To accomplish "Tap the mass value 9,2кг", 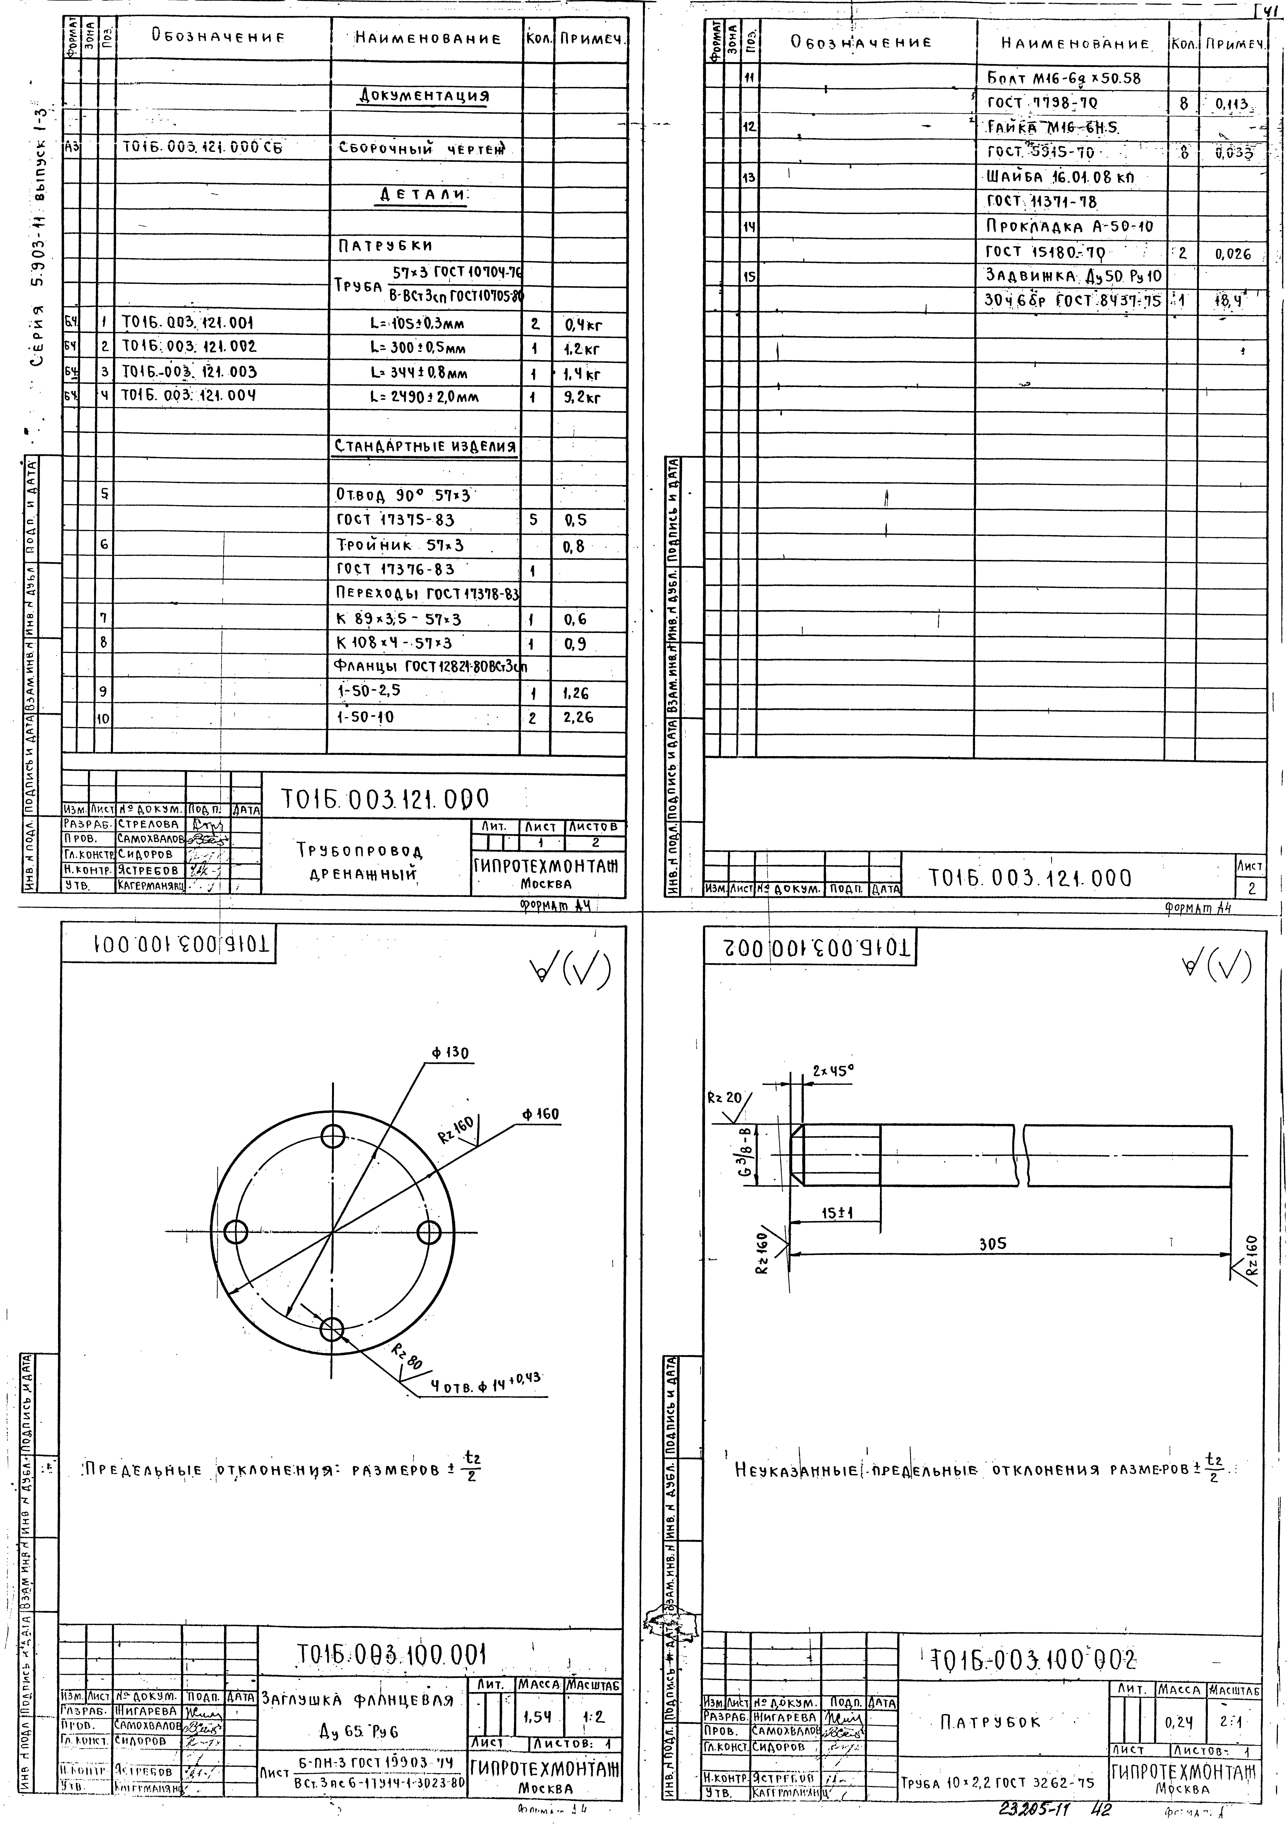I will pyautogui.click(x=582, y=396).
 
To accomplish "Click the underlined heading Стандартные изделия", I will pyautogui.click(x=425, y=446).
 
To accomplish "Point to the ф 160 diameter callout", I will pyautogui.click(x=540, y=1115).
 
